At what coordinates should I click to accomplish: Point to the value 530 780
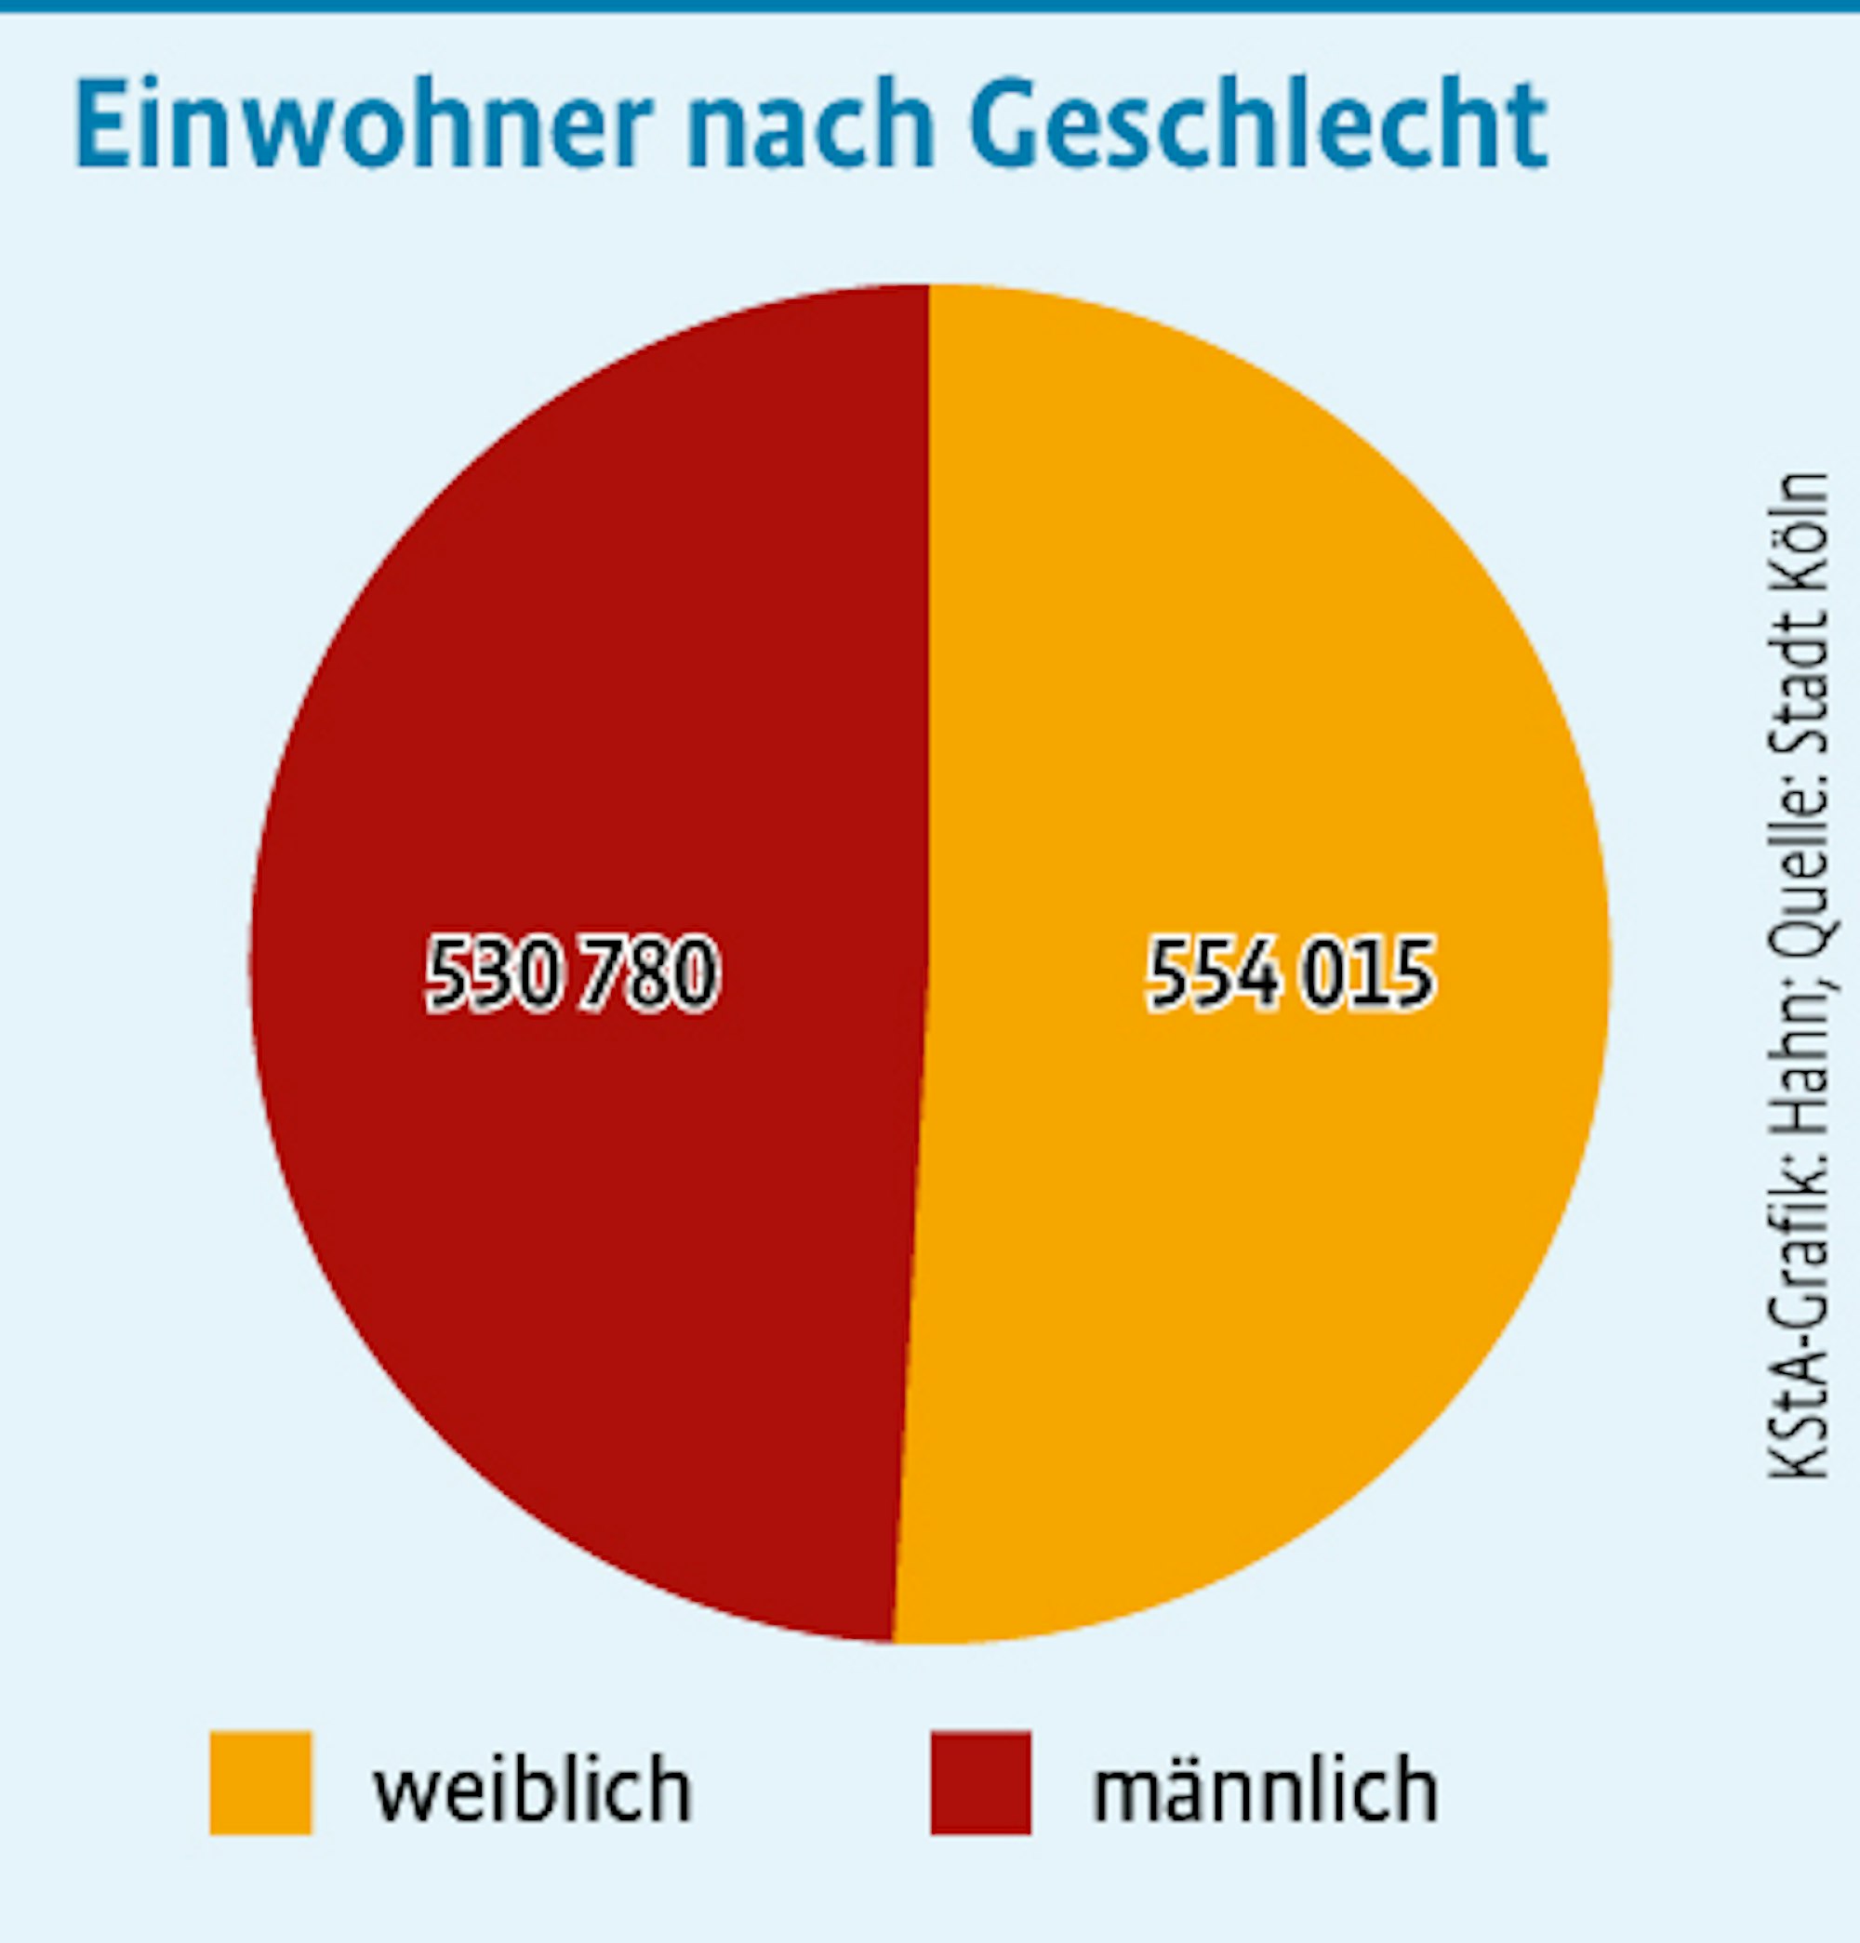pos(572,973)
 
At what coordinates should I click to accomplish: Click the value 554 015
pos(1290,973)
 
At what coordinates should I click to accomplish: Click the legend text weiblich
pos(531,1790)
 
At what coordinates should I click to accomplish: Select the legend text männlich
pos(1264,1790)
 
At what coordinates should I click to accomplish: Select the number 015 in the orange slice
pos(1368,973)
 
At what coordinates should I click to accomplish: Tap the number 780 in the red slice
pos(649,973)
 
